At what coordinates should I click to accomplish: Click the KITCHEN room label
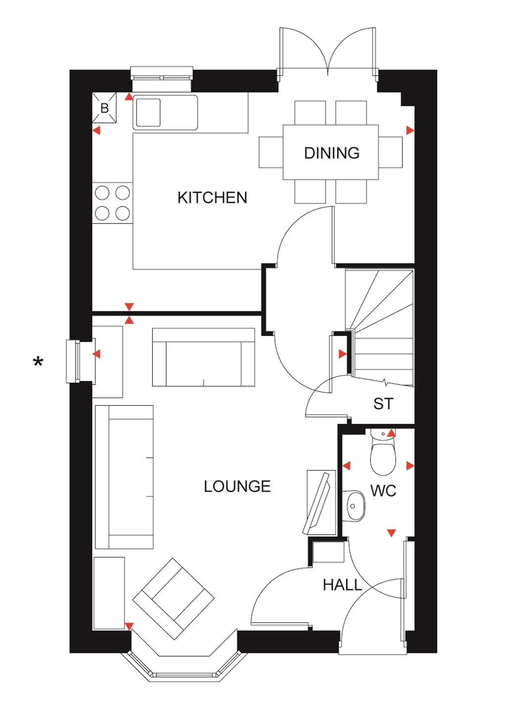click(212, 198)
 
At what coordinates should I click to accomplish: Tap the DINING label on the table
click(331, 153)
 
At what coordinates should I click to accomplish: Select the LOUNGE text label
click(237, 487)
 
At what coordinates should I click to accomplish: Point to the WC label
click(383, 491)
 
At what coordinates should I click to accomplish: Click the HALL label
click(342, 585)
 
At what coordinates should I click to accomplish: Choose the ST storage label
click(383, 404)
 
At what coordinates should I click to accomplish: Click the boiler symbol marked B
click(104, 108)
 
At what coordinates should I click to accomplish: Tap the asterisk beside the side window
click(38, 363)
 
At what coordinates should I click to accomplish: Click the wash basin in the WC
click(354, 506)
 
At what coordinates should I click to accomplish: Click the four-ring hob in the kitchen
click(112, 203)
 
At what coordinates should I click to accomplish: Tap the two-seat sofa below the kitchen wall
click(203, 357)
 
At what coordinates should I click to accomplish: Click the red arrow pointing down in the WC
click(391, 533)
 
